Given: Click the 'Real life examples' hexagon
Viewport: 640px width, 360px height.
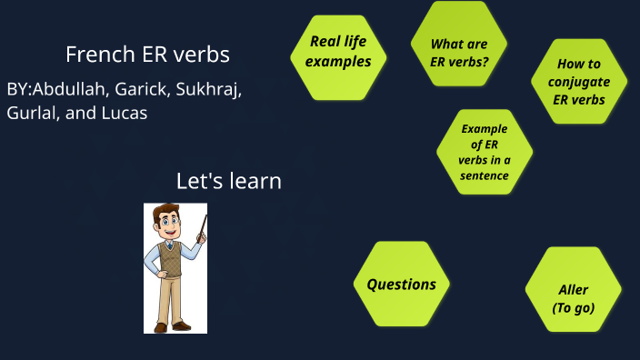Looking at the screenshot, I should (x=338, y=52).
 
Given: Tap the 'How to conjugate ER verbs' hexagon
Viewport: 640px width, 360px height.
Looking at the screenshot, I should (x=579, y=82).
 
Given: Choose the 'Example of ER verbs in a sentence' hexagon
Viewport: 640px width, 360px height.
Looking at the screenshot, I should (x=485, y=151).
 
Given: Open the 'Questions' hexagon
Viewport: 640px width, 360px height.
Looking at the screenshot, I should (x=401, y=285).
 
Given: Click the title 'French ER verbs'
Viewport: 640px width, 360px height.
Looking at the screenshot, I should (x=147, y=55).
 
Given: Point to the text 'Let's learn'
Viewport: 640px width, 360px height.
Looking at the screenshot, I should (x=228, y=181).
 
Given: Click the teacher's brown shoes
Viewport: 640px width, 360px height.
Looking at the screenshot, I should (x=173, y=325).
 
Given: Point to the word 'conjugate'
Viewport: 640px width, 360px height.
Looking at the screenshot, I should (x=579, y=82).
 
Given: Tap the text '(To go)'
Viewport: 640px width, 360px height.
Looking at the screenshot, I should (x=574, y=308).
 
